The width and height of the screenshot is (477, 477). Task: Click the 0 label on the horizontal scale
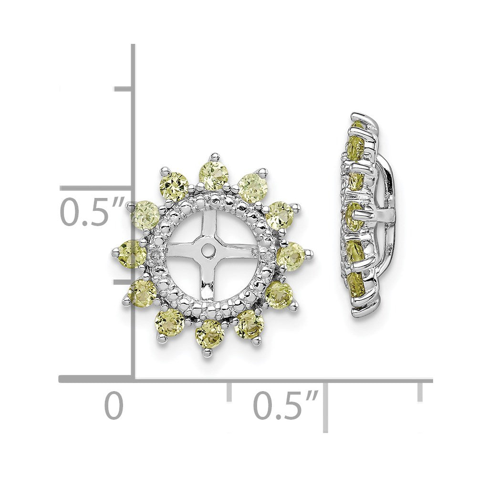coord(114,405)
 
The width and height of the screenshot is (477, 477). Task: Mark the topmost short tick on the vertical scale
coord(123,89)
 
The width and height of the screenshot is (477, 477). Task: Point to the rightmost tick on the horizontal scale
coord(420,391)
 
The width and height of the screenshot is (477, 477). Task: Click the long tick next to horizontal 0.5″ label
coord(326,405)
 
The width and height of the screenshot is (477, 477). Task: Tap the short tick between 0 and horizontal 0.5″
coord(229,391)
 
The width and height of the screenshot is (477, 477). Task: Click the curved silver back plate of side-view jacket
coord(388,210)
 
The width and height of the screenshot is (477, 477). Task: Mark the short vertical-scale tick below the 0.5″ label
coord(123,282)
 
